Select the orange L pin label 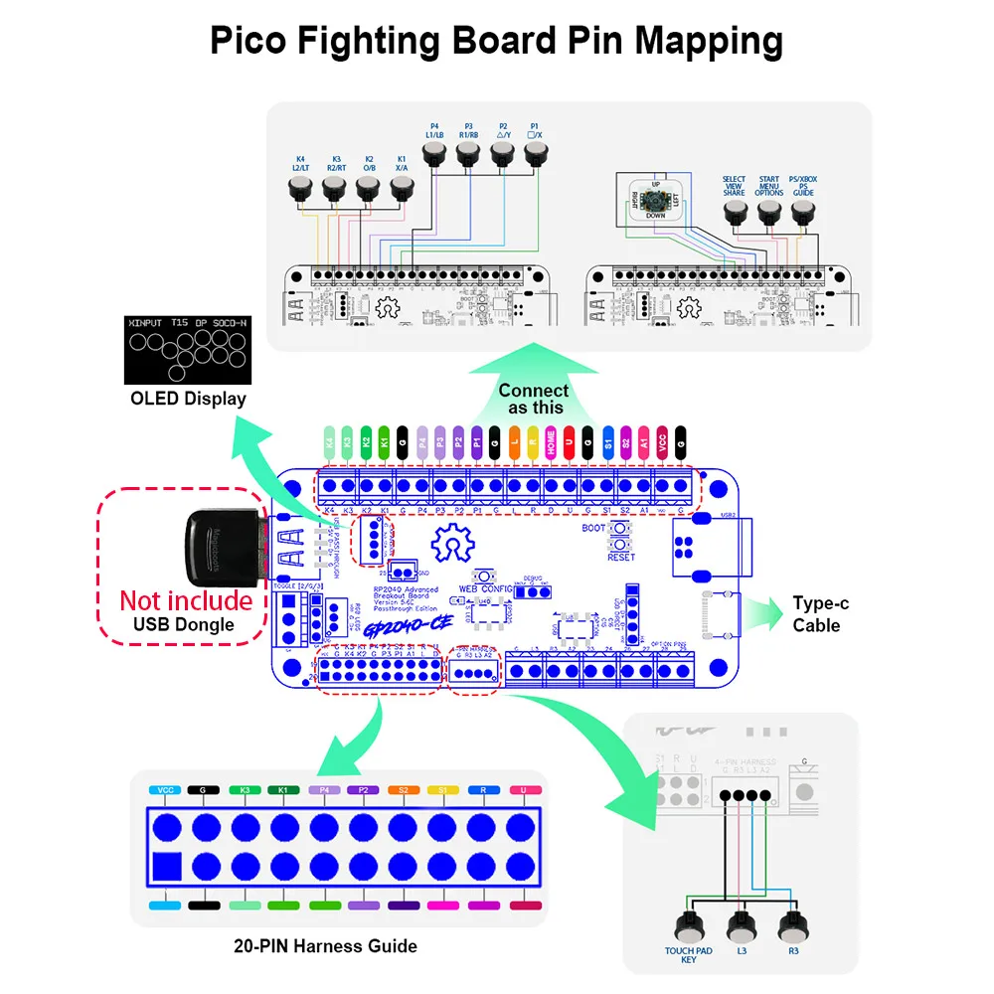point(514,438)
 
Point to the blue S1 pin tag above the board point(607,438)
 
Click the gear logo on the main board point(454,544)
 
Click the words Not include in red point(186,600)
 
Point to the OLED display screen point(188,350)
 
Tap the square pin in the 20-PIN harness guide point(167,866)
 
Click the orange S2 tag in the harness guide point(404,791)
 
